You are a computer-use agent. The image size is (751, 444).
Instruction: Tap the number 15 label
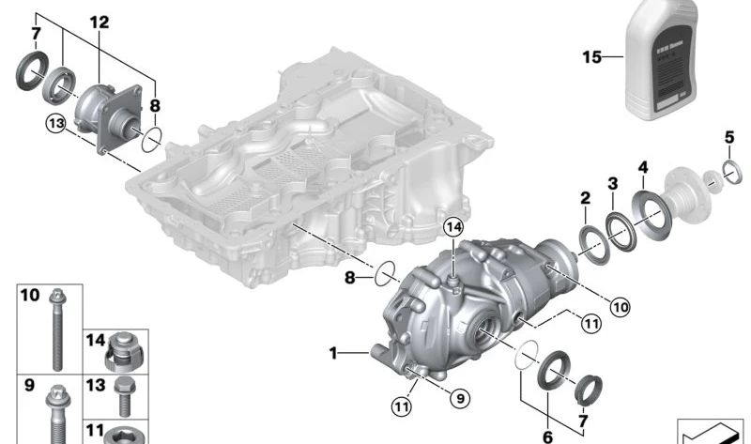click(590, 57)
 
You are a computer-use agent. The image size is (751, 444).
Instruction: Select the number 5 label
click(728, 138)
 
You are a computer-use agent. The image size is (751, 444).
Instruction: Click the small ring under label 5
click(728, 171)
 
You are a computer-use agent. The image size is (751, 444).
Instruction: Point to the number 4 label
click(643, 168)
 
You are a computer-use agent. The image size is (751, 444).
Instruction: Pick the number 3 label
click(612, 182)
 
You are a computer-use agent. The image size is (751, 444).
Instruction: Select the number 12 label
click(100, 21)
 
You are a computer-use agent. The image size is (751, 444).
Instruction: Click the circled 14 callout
click(453, 227)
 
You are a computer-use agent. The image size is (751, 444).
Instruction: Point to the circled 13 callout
click(54, 122)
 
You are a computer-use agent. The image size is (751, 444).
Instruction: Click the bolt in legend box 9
click(54, 413)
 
